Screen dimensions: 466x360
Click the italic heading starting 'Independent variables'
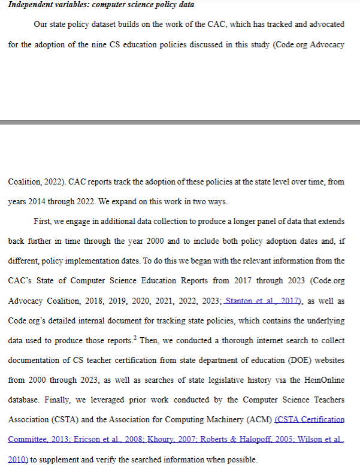point(101,5)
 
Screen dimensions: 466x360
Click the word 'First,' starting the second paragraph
point(44,222)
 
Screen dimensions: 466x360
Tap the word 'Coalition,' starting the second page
point(28,182)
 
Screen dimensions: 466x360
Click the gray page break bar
point(180,122)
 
